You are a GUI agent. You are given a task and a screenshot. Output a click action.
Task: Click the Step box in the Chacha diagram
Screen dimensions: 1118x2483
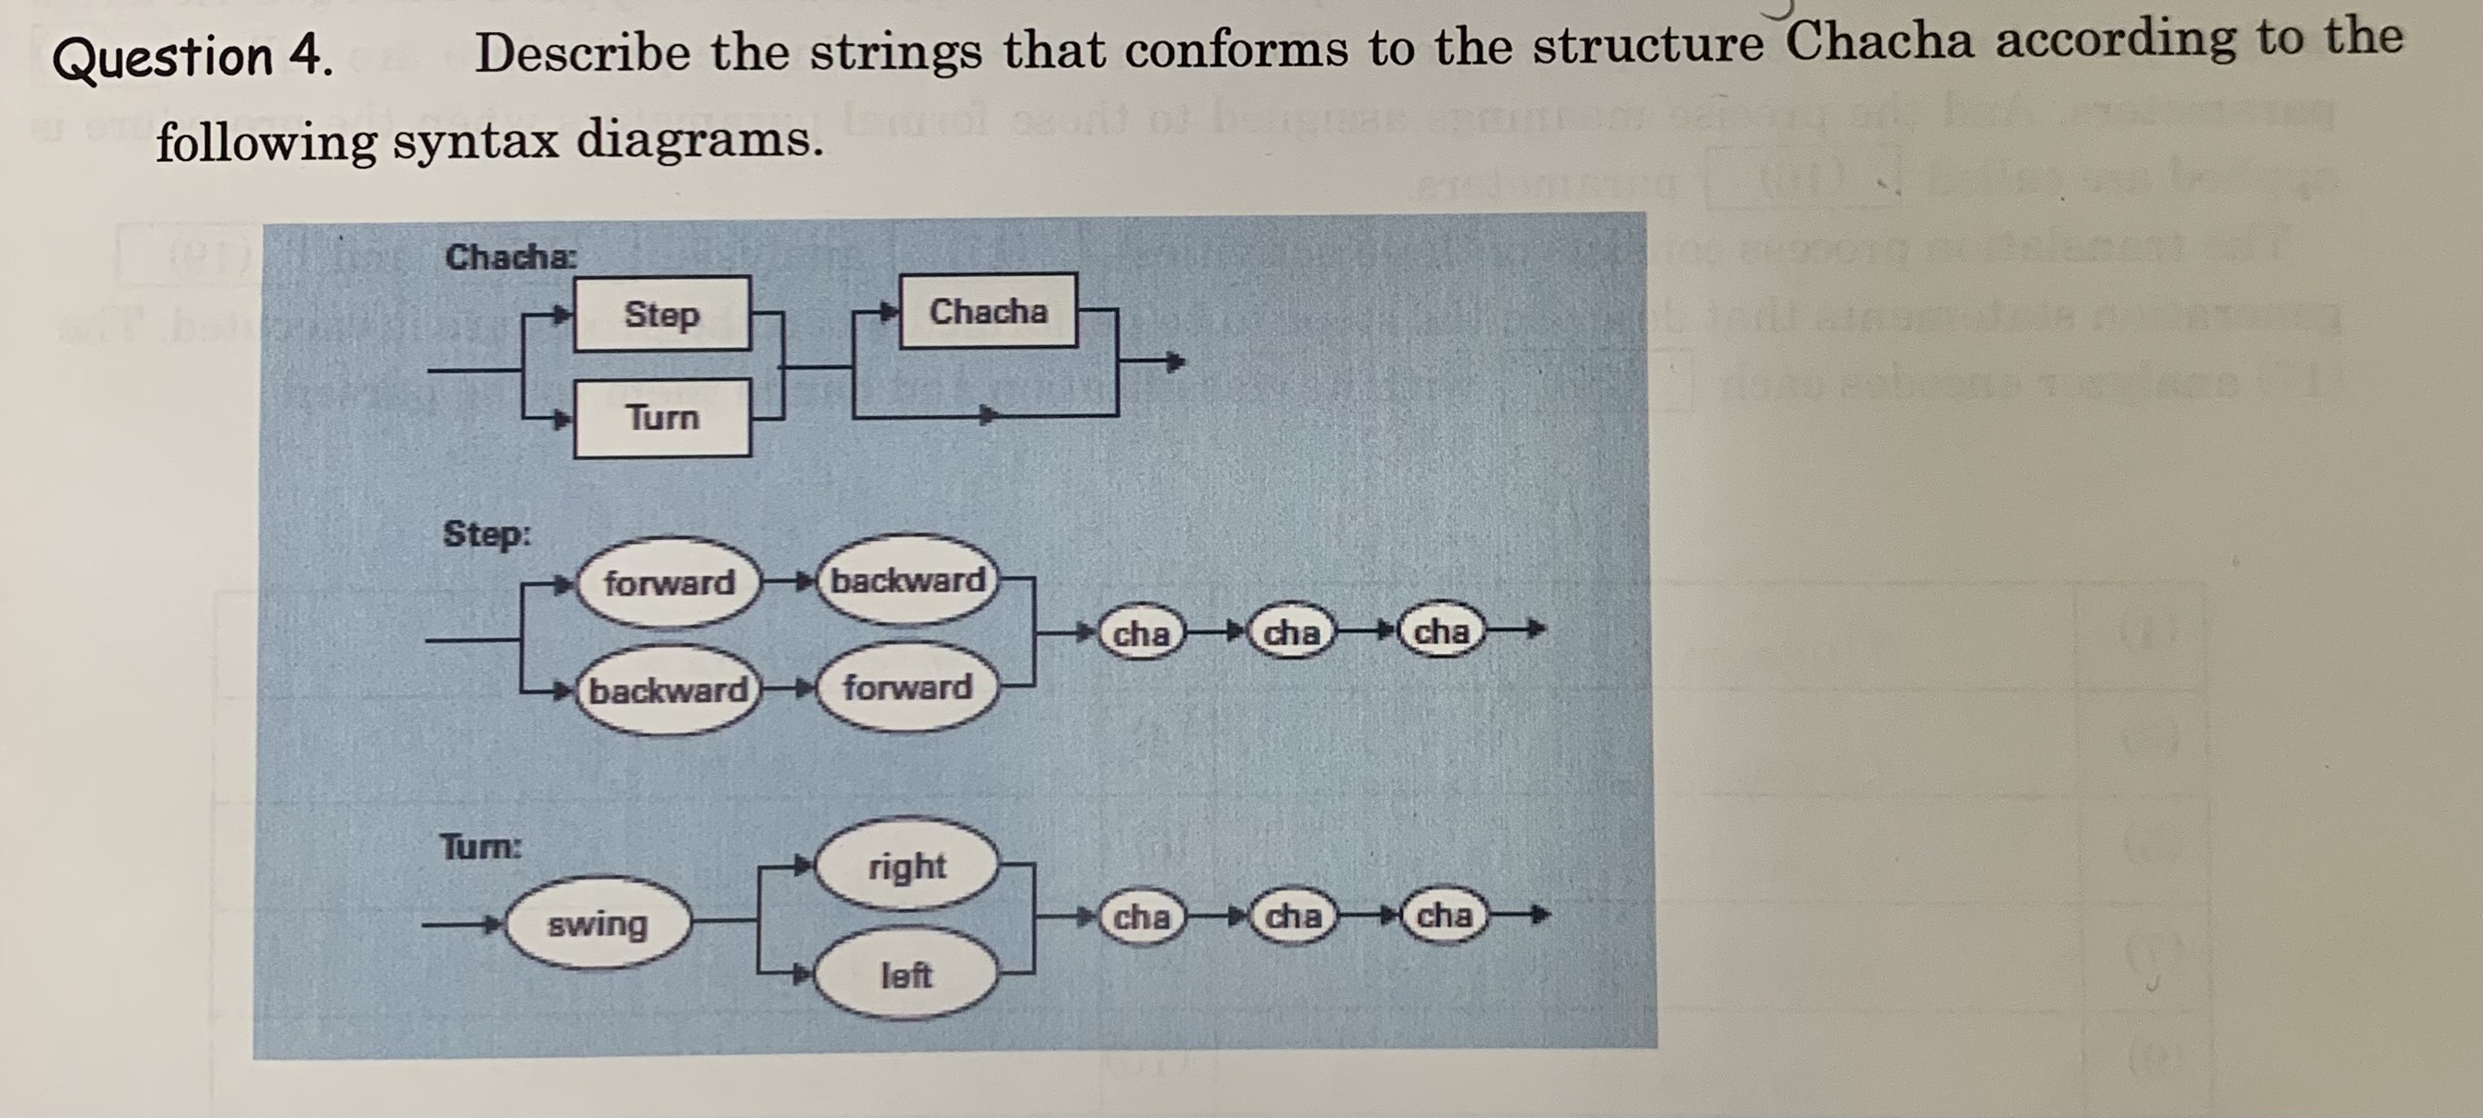[x=661, y=314]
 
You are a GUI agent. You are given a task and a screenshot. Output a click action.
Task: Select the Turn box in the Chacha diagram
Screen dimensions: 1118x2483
[x=661, y=418]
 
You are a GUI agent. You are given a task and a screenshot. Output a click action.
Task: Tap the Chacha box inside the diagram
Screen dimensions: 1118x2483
[x=988, y=311]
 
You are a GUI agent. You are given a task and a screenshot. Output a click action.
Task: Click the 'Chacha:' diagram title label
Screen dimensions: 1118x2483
[x=511, y=258]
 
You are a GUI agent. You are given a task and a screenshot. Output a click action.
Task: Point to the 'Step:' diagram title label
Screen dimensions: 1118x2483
[x=487, y=533]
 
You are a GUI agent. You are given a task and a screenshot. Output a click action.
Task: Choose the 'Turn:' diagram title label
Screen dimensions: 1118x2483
[x=481, y=847]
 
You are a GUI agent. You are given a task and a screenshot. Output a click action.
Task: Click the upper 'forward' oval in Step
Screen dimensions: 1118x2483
[x=669, y=582]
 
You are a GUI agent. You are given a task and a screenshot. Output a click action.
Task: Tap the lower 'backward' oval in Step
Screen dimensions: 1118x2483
[x=667, y=690]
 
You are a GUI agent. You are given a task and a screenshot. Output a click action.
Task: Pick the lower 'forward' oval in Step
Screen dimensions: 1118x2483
[x=907, y=687]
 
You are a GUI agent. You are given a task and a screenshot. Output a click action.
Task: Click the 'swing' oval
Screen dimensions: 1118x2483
[x=598, y=924]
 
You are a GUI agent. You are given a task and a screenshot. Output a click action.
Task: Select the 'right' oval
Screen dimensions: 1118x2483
[x=906, y=866]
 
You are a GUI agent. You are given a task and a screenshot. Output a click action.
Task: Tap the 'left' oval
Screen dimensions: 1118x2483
[x=906, y=975]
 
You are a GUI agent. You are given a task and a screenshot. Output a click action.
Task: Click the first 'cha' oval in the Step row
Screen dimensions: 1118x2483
[x=1142, y=633]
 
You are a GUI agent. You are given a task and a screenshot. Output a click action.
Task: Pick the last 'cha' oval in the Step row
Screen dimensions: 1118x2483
[x=1441, y=631]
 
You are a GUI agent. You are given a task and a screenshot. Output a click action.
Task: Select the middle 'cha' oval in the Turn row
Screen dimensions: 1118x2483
[x=1292, y=915]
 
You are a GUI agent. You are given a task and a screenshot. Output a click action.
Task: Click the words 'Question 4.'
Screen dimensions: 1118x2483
[x=193, y=58]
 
